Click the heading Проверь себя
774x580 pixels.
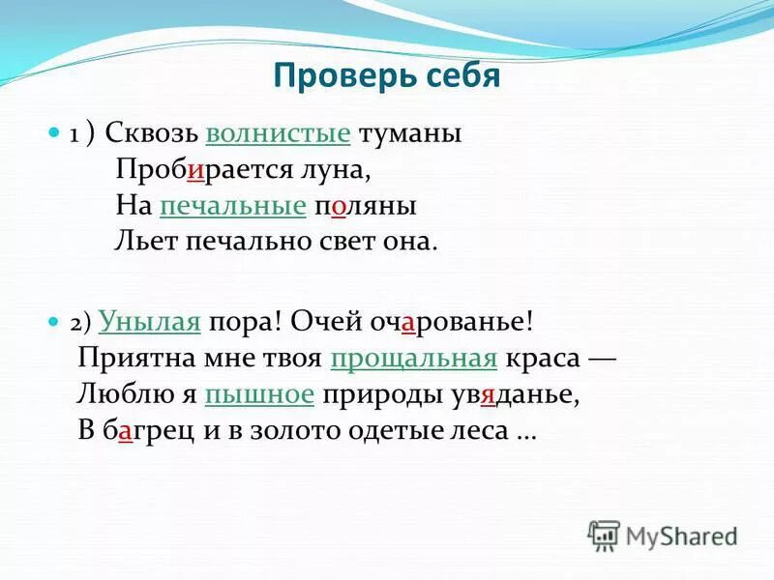pyautogui.click(x=386, y=75)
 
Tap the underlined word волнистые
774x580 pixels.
pyautogui.click(x=279, y=133)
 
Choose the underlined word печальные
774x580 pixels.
pyautogui.click(x=232, y=205)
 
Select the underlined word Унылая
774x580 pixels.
pyautogui.click(x=149, y=323)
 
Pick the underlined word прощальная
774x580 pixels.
pyautogui.click(x=413, y=359)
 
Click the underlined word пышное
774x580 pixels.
pyautogui.click(x=259, y=394)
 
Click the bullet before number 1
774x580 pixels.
pyautogui.click(x=53, y=133)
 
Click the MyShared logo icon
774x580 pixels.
pyautogui.click(x=604, y=535)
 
